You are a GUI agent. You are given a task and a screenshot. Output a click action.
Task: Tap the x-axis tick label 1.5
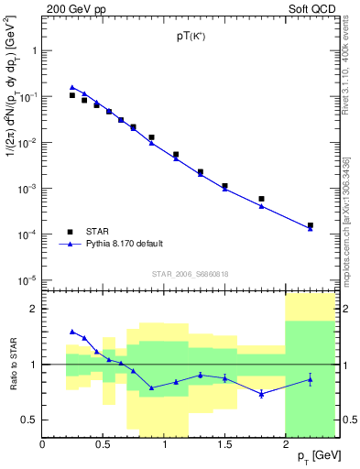click(225, 444)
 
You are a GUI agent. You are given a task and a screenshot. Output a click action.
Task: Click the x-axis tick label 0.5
click(104, 444)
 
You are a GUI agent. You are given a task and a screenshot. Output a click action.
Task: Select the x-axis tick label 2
click(286, 444)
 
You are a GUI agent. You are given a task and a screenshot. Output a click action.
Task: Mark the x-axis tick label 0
click(43, 444)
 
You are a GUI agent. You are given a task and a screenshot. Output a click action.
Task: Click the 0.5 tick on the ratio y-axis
click(29, 420)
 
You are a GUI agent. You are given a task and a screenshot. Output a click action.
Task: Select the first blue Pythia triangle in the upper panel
click(72, 87)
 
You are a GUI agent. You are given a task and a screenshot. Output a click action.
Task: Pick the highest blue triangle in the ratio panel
click(72, 332)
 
